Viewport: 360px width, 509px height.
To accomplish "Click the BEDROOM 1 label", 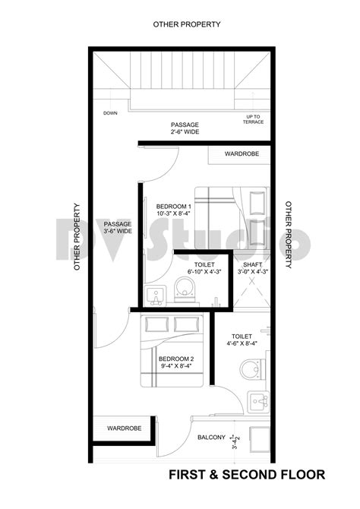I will click(x=174, y=210).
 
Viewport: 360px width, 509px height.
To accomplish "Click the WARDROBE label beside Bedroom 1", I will click(x=242, y=153).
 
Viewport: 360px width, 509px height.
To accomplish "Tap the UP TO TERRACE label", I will click(x=252, y=119).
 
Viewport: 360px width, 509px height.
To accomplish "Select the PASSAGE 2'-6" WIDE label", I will click(x=185, y=127).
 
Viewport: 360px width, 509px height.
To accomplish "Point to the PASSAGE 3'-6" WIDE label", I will click(x=118, y=227).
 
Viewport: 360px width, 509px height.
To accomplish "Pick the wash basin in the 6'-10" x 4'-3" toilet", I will click(x=158, y=295).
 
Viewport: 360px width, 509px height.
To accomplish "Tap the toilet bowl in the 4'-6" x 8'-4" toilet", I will click(x=251, y=370).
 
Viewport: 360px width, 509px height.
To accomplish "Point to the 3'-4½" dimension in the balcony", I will click(x=236, y=438).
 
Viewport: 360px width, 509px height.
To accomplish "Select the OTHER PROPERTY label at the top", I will click(x=186, y=24).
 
